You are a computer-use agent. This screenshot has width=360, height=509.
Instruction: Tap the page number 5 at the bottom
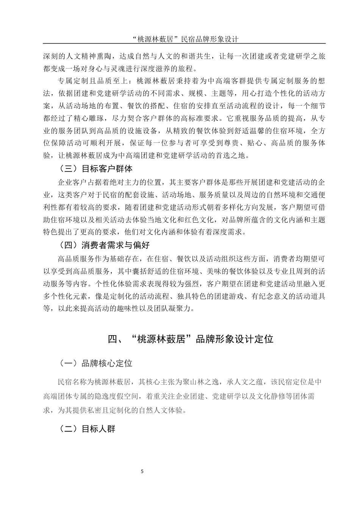pos(142,472)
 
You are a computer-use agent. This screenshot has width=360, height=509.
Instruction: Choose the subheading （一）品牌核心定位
pos(95,364)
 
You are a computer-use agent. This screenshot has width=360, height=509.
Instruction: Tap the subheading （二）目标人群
pos(87,429)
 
